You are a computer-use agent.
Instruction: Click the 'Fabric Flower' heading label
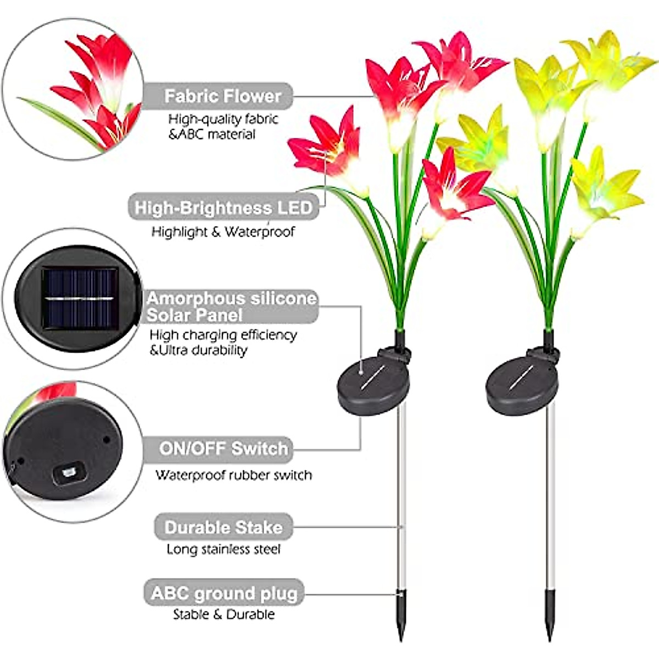click(x=222, y=96)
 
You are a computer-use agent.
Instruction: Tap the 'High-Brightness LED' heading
click(x=223, y=208)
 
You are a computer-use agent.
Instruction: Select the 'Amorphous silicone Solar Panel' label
click(x=231, y=306)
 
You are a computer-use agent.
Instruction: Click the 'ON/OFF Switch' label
click(x=224, y=449)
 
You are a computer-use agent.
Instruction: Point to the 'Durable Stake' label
click(x=224, y=528)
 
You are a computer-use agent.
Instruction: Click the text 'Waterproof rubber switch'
click(x=233, y=475)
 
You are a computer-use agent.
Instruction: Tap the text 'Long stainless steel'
click(x=224, y=549)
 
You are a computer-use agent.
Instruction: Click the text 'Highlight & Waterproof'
click(x=223, y=232)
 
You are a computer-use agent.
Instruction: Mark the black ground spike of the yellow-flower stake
click(x=549, y=618)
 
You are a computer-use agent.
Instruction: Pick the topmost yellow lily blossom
click(x=604, y=60)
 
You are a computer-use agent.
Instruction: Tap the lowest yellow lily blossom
click(x=604, y=192)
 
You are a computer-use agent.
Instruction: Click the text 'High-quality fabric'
click(x=223, y=119)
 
